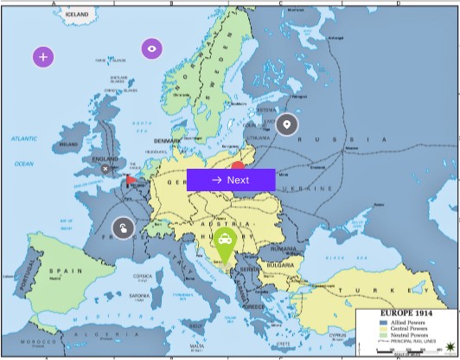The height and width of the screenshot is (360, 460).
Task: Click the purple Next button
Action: coord(231,180)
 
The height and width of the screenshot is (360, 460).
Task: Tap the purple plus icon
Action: coord(44,57)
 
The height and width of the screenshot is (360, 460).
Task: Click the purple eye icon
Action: coord(152,48)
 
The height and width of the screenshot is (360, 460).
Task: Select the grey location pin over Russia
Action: coord(287,125)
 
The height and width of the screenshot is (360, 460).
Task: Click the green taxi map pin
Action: coord(225,242)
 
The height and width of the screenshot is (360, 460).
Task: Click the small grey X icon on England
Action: coord(105,169)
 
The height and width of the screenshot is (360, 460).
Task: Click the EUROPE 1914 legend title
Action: coord(405,312)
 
